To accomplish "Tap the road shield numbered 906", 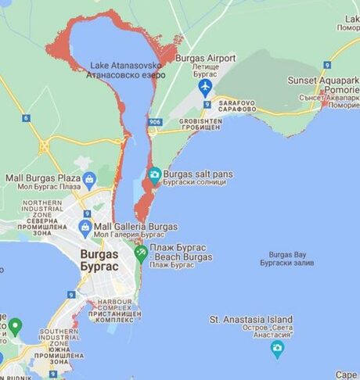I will pyautogui.click(x=155, y=121).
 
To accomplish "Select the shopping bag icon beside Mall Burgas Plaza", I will pyautogui.click(x=89, y=181).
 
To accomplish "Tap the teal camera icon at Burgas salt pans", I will pyautogui.click(x=154, y=175).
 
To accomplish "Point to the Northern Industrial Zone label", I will pyautogui.click(x=41, y=217).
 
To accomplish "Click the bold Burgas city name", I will pyautogui.click(x=99, y=260).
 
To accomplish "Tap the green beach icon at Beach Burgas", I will pyautogui.click(x=140, y=252).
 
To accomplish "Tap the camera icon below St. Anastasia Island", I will pyautogui.click(x=276, y=348).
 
